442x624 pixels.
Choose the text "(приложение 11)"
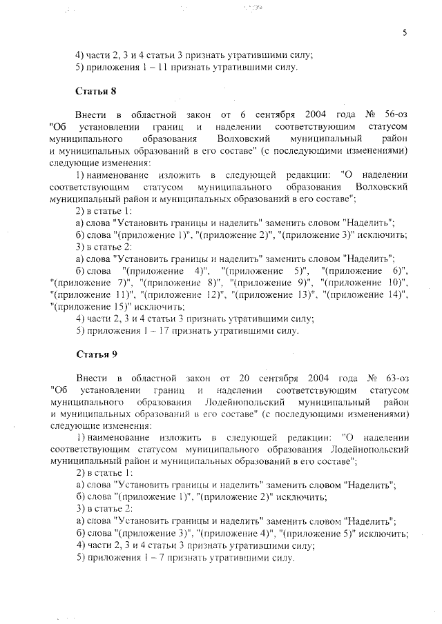[88, 294]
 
